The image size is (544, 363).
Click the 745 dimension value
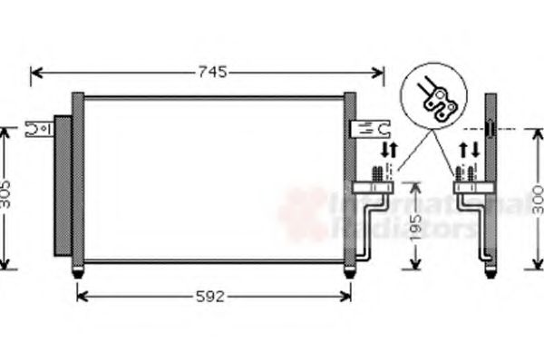[x=208, y=72]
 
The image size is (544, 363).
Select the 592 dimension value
[x=211, y=296]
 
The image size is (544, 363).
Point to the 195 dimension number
[x=415, y=225]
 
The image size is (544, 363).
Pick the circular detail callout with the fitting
[x=438, y=96]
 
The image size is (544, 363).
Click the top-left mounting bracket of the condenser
[x=40, y=129]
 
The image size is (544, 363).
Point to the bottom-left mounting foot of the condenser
[x=78, y=270]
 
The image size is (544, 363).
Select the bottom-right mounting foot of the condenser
[x=349, y=270]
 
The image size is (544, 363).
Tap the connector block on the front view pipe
[x=373, y=188]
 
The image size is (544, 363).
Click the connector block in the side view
[x=471, y=188]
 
